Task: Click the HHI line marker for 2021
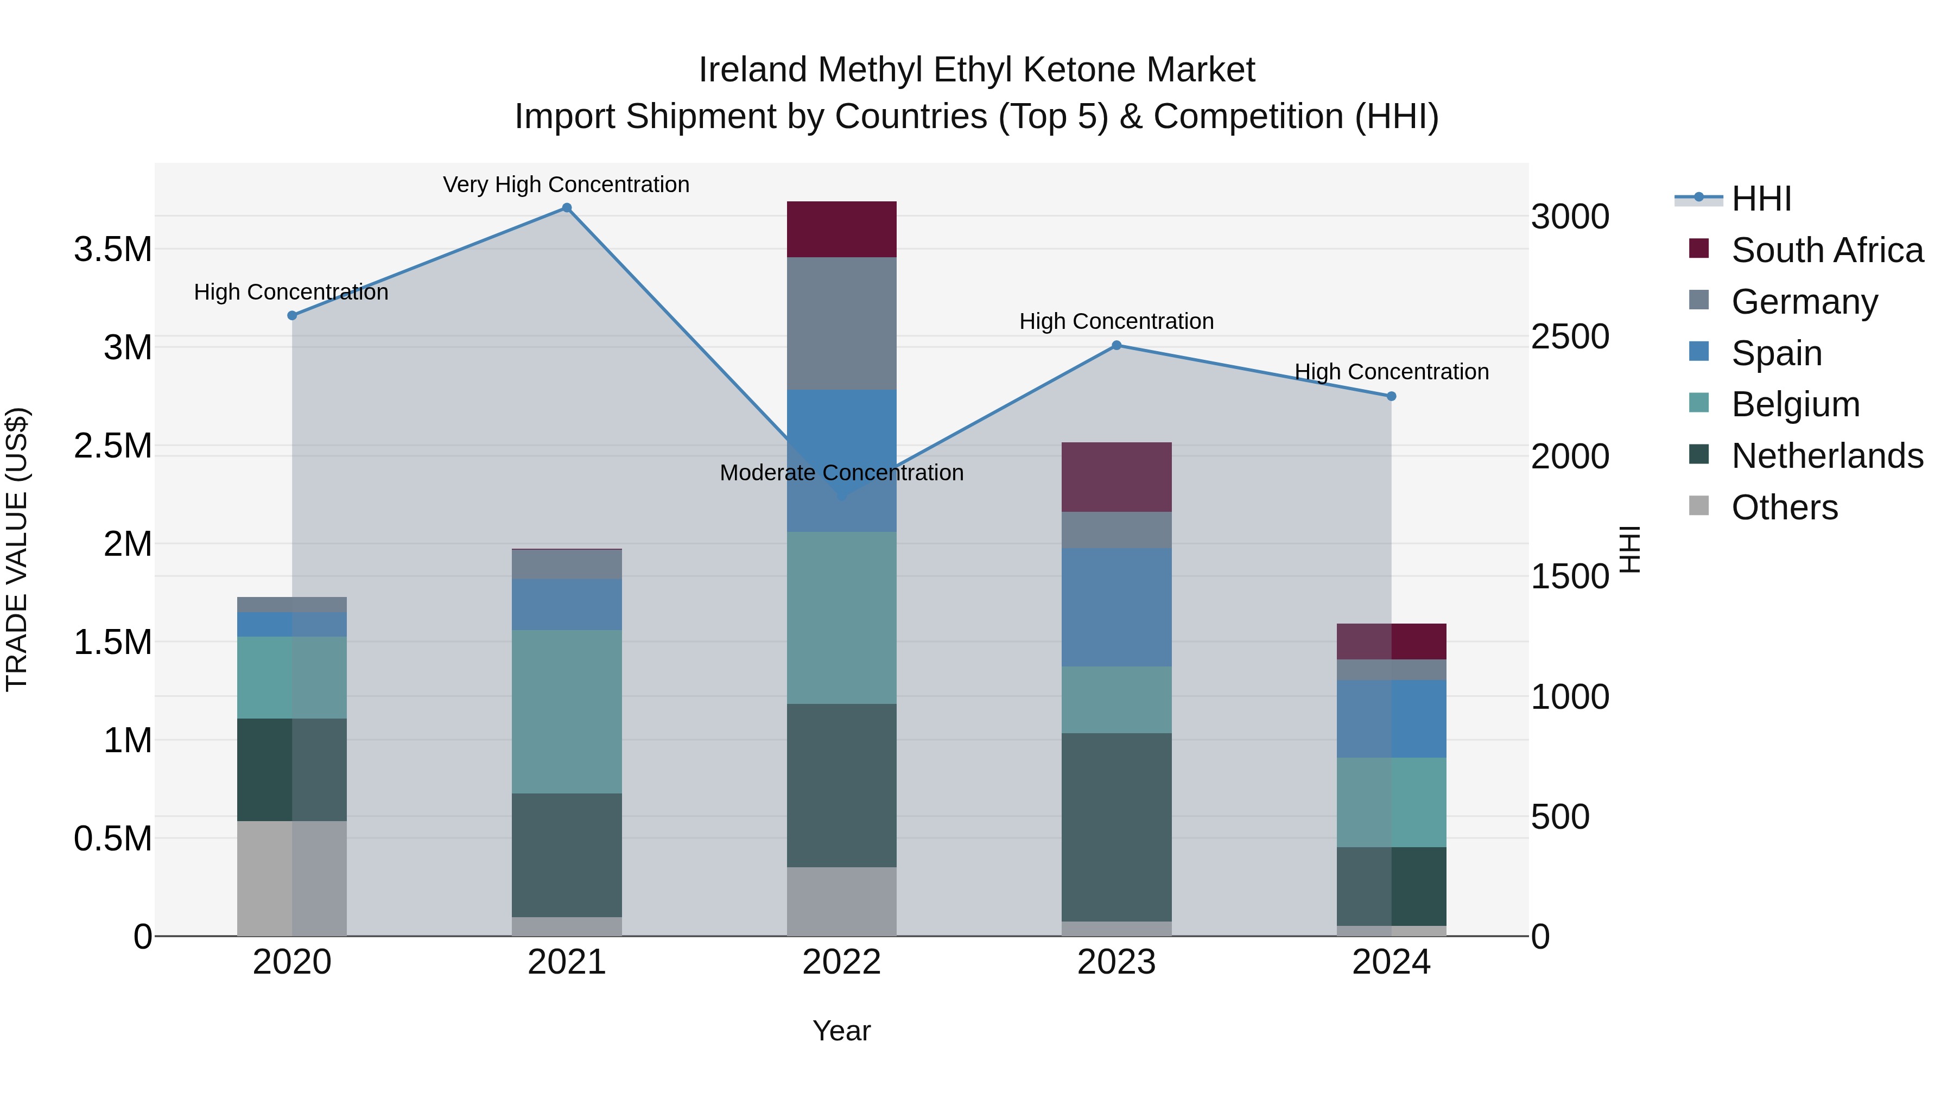pos(567,208)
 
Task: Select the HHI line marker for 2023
pos(1116,346)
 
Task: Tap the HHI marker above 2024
pos(1391,396)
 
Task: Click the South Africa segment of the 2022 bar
pos(841,229)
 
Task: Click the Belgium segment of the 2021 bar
pos(567,712)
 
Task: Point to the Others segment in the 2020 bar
pos(292,878)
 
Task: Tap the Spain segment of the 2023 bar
pos(1116,607)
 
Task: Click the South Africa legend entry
pos(1826,250)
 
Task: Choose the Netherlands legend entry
pos(1826,456)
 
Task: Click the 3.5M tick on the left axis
pos(113,250)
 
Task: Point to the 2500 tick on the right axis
pos(1569,336)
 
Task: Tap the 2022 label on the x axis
pos(841,962)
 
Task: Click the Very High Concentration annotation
pos(566,185)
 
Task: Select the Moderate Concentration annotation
pos(841,473)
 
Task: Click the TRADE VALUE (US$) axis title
pos(17,549)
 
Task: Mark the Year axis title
pos(841,1031)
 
